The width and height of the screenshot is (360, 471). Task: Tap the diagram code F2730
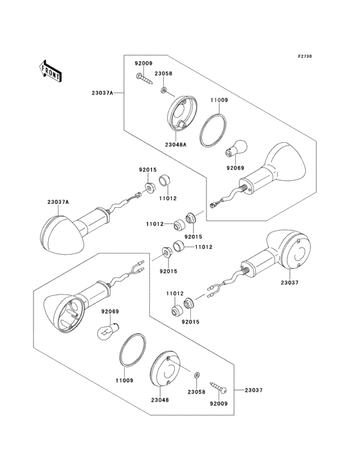pos(305,56)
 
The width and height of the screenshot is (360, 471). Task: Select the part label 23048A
pos(175,145)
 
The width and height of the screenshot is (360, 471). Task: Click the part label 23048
pos(160,400)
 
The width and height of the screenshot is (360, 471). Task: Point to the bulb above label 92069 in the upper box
pos(236,148)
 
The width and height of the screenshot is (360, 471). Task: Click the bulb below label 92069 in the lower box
pos(108,331)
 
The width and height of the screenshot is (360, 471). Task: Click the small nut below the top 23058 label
pos(163,90)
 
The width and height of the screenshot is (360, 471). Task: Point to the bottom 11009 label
pos(125,380)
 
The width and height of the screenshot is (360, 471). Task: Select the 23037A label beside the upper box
pos(102,93)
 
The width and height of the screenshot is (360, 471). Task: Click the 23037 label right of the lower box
pos(253,390)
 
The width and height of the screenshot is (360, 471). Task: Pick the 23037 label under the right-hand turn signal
pos(289,282)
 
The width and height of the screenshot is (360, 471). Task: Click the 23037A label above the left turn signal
pos(58,202)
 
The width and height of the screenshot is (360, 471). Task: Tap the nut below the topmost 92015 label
pos(149,188)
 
